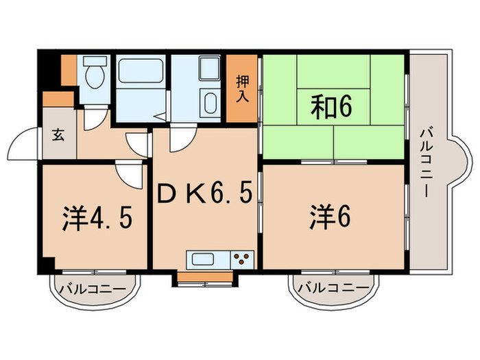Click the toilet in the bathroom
tap(93, 75)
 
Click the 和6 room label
tap(333, 108)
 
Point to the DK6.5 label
tap(204, 196)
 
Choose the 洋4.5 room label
tap(95, 218)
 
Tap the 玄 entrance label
tap(58, 134)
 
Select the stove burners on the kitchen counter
tap(242, 260)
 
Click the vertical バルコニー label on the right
tap(426, 159)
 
